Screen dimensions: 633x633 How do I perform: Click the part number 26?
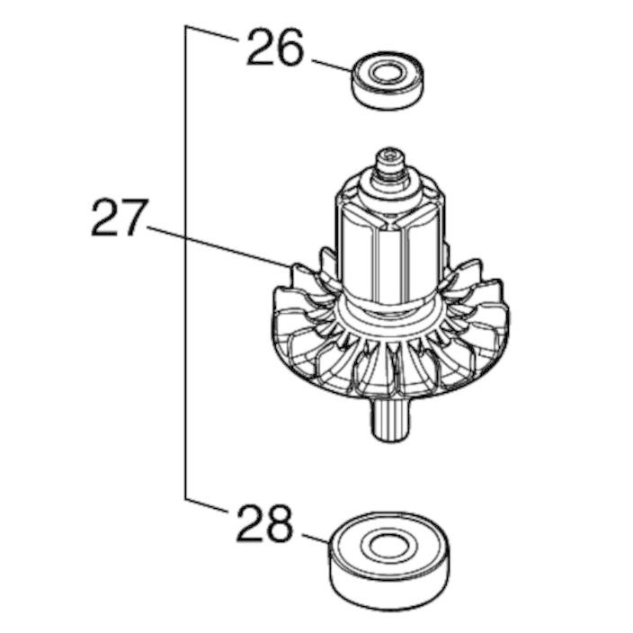click(274, 48)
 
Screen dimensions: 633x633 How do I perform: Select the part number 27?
click(118, 218)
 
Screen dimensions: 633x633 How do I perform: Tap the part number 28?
click(264, 523)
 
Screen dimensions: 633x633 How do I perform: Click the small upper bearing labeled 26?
click(388, 80)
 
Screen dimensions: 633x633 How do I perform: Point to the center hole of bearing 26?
click(388, 73)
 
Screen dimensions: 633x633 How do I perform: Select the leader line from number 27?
click(218, 246)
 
